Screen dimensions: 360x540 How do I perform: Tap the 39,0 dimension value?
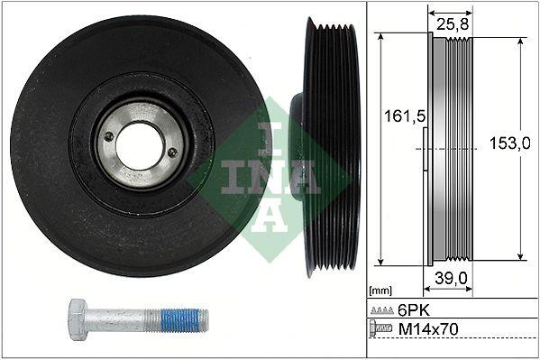(449, 279)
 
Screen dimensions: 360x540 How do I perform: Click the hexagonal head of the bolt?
(78, 318)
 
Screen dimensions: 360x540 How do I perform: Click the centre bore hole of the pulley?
(141, 145)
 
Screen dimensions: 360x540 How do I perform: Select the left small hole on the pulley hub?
(109, 136)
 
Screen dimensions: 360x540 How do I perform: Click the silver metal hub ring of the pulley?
(141, 115)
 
